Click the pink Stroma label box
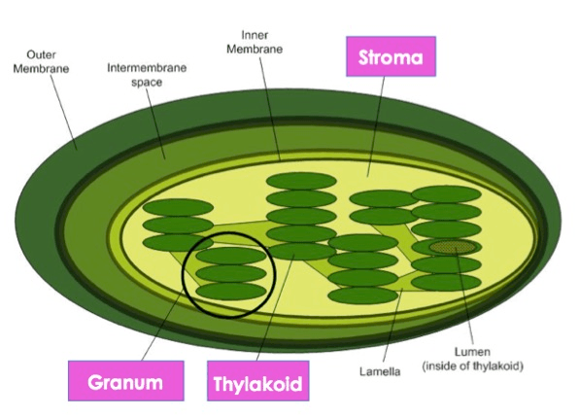391,56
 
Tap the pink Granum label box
126,381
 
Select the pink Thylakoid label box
257,381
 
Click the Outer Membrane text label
41,61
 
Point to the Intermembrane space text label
147,75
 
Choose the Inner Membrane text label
255,42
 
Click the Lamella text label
380,371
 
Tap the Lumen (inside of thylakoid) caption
473,359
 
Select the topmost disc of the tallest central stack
301,181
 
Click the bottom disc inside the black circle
231,291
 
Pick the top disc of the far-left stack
178,208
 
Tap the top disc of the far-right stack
446,194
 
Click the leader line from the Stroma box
376,126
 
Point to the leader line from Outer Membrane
63,113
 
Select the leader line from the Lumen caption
465,295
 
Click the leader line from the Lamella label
392,327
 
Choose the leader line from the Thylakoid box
276,307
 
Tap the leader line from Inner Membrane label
270,109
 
